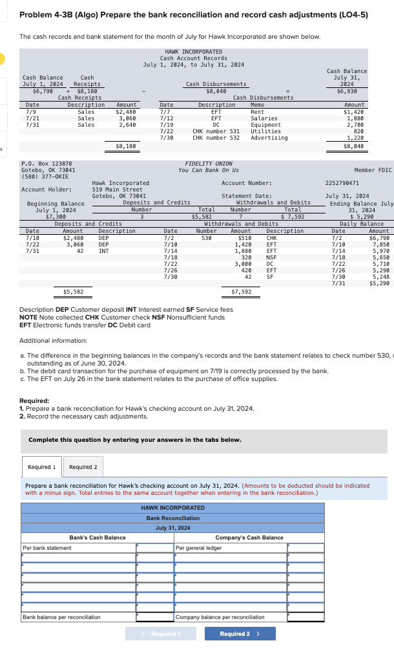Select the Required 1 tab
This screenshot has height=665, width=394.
[x=41, y=466]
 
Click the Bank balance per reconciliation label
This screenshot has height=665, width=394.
[x=61, y=617]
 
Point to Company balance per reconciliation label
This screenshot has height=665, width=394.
[x=220, y=617]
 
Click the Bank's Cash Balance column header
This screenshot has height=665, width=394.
[x=97, y=538]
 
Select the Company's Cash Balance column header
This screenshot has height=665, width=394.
[x=249, y=538]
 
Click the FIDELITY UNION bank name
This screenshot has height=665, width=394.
[x=208, y=164]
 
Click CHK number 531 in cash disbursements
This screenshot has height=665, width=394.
[x=216, y=131]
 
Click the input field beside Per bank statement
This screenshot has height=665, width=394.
[x=155, y=548]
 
